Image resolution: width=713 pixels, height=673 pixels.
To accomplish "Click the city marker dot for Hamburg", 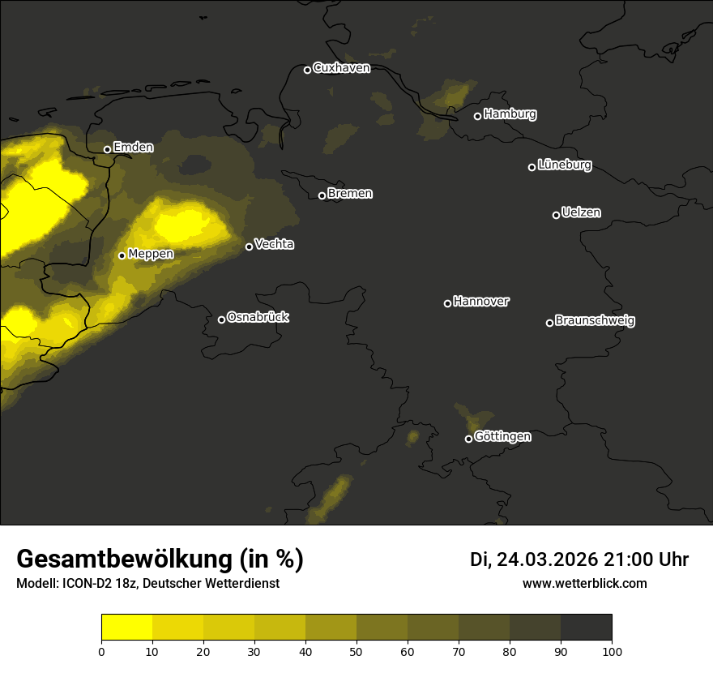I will coord(477,116).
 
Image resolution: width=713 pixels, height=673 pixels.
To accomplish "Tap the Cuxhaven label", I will coord(341,68).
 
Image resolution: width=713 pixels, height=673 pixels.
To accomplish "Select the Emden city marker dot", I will coord(107,149).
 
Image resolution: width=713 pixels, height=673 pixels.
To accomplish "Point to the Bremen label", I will coord(350,194).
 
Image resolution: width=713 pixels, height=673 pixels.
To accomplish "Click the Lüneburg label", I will coord(565,165).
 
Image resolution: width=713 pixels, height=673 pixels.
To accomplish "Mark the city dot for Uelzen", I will coord(556,215).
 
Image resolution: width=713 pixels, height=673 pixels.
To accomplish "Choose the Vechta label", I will coord(274,244).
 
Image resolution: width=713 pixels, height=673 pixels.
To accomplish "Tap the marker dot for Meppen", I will coord(122,255).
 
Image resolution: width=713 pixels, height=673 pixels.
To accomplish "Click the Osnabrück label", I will coord(258,317).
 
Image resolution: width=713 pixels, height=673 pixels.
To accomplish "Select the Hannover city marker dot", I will coord(447,303).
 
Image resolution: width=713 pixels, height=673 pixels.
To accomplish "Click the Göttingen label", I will coord(502,436).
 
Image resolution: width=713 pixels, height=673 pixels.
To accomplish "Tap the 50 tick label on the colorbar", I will coord(356,651).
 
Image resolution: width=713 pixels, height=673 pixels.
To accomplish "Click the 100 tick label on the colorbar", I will coord(612,651).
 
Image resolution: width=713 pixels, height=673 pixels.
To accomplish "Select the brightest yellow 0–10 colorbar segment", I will coord(127,628).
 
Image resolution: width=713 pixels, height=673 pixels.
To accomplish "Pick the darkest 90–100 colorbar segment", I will coord(586,628).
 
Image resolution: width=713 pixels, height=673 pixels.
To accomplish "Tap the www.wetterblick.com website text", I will coord(585,583).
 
